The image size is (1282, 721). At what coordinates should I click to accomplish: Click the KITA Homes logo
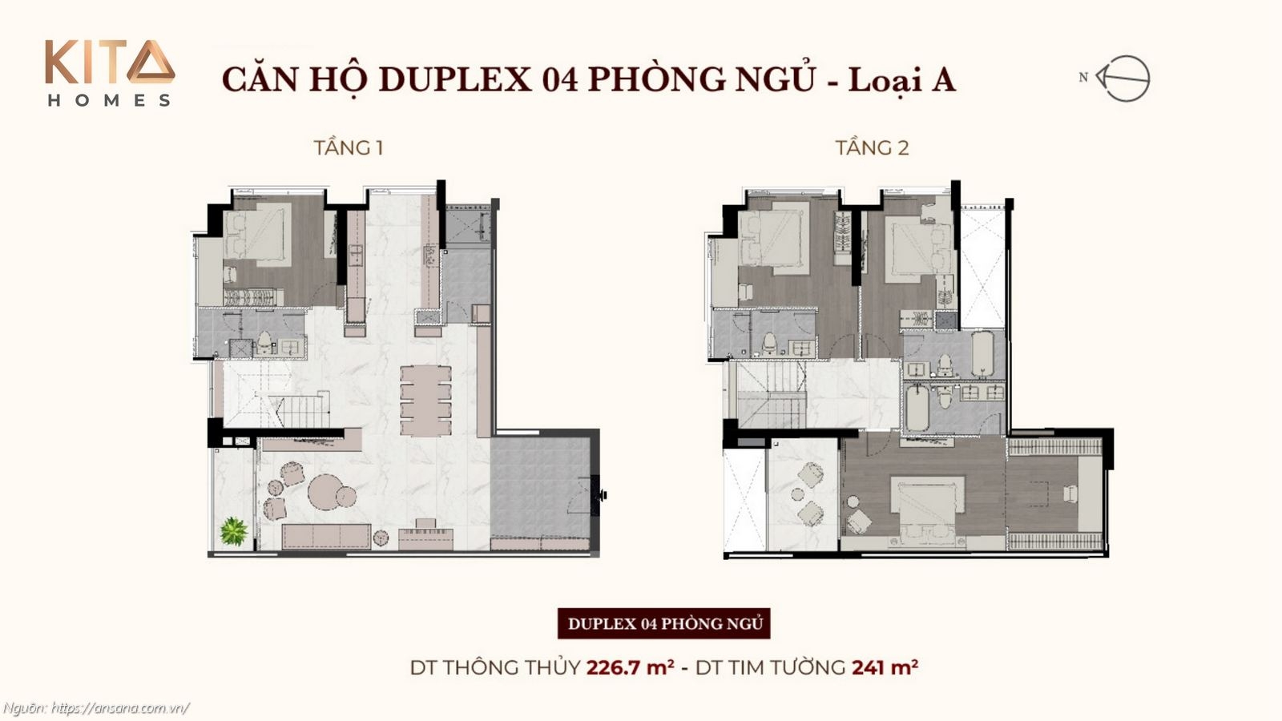[x=109, y=73]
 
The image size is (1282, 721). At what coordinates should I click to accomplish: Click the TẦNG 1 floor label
[x=348, y=147]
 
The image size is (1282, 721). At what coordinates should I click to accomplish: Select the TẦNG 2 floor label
[x=872, y=147]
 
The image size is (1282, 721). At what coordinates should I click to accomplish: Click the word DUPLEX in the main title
[x=454, y=79]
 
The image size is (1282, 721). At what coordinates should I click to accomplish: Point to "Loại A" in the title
[x=901, y=79]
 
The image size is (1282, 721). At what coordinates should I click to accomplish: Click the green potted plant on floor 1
[x=234, y=531]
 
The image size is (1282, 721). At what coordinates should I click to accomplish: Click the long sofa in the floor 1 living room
[x=325, y=536]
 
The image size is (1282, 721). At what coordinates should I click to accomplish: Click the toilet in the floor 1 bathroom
[x=264, y=344]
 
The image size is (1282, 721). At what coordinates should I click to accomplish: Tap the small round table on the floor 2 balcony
[x=797, y=495]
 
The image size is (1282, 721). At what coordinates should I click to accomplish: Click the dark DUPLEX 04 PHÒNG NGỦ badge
[x=664, y=623]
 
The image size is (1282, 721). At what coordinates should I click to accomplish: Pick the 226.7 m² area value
[x=630, y=667]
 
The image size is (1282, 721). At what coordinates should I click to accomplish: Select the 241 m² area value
[x=885, y=667]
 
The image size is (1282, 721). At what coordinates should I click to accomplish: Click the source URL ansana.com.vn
[x=120, y=708]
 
